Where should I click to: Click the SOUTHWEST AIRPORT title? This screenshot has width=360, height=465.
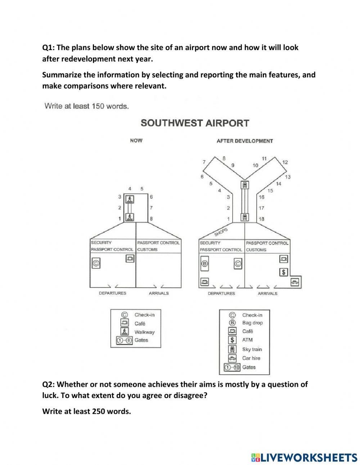[194, 123]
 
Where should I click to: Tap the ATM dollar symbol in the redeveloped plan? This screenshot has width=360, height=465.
[284, 272]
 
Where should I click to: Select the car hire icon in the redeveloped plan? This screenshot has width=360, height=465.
[295, 282]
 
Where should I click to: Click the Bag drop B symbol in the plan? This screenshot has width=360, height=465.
[204, 264]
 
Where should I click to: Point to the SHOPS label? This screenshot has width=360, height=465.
[221, 232]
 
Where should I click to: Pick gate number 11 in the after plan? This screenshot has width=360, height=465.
[264, 158]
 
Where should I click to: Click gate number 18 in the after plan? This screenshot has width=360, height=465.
[261, 219]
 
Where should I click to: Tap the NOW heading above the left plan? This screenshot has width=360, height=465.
[136, 140]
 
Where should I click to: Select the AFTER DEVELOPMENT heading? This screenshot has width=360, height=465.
[244, 141]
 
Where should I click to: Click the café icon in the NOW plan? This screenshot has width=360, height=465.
[130, 258]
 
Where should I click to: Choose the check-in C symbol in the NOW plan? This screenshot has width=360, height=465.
[96, 263]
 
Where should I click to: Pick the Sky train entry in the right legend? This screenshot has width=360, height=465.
[252, 349]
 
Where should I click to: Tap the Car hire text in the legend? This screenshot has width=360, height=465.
[251, 358]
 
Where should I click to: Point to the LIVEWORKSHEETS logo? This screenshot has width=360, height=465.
[304, 457]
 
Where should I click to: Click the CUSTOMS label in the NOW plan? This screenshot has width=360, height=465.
[147, 249]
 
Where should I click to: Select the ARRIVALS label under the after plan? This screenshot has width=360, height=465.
[267, 294]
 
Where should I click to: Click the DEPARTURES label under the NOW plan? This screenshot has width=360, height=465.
[112, 293]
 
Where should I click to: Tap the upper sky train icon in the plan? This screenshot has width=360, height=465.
[245, 185]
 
